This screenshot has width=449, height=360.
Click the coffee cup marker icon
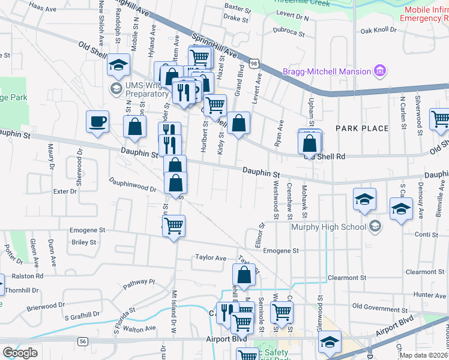(x=97, y=122)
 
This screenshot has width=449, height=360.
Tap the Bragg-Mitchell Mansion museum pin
(x=379, y=72)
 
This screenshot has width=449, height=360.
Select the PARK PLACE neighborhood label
(x=363, y=128)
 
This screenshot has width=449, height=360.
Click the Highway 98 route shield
(x=256, y=63)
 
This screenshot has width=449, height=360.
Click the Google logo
(x=20, y=353)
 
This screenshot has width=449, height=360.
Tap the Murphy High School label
(x=328, y=227)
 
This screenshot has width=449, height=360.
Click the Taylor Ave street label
(x=210, y=257)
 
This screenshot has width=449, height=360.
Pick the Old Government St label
(x=379, y=307)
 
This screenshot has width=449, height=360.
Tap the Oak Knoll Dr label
(x=379, y=29)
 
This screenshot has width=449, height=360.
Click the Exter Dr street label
(x=65, y=191)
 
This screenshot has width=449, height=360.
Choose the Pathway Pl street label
(x=140, y=282)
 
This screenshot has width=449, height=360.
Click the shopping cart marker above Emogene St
(x=173, y=226)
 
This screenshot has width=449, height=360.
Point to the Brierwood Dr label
(x=45, y=307)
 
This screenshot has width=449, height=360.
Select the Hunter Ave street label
(x=429, y=295)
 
